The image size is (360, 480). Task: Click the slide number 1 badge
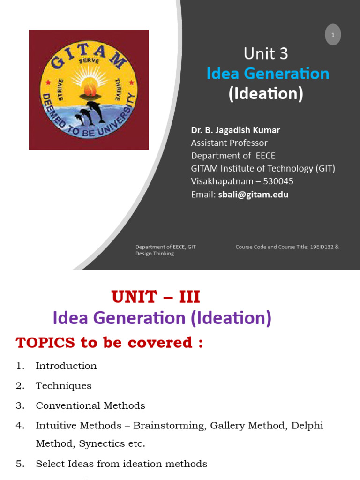coord(333,35)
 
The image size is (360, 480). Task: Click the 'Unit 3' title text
coord(266,54)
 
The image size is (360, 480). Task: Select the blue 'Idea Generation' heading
coord(268,74)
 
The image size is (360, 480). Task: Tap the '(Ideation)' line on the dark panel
coord(266,94)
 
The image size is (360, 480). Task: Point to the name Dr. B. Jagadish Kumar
coord(235,130)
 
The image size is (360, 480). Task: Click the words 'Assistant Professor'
coord(229,142)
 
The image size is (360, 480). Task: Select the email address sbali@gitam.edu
coord(253,194)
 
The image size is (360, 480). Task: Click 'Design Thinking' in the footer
coord(155,254)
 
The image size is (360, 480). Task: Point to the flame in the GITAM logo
coord(89,87)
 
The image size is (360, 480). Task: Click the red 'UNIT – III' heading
coord(156,297)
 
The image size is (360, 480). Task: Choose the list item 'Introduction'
coord(66,366)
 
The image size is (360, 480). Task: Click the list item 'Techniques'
coord(63,386)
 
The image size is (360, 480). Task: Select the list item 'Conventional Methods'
coord(90,405)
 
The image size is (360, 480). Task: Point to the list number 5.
coord(20,464)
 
